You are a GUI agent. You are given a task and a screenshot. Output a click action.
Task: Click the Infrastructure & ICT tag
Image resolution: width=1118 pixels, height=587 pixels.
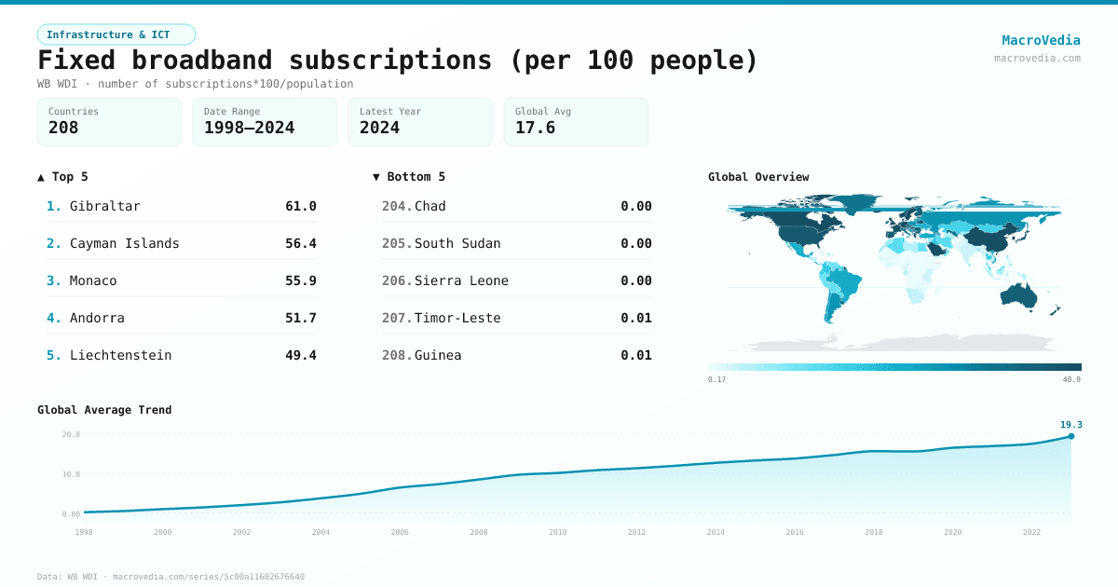tap(116, 34)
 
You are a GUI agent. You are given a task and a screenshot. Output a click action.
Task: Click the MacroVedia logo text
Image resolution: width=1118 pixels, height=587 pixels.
tap(1041, 40)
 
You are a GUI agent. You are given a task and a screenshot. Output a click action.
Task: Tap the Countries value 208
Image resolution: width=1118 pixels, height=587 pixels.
tap(63, 128)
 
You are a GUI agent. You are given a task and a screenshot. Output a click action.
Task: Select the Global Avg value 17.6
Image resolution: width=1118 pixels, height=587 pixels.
tap(535, 128)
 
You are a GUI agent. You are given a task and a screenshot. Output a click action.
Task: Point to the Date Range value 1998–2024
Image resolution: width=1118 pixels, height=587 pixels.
tap(249, 128)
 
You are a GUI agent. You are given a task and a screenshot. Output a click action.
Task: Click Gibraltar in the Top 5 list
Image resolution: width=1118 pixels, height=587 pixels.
tap(104, 206)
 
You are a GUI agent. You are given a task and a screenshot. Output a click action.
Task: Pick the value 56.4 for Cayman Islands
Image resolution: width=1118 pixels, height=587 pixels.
tap(300, 243)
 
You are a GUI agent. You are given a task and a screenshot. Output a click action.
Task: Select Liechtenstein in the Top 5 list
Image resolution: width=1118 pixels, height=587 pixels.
tap(120, 355)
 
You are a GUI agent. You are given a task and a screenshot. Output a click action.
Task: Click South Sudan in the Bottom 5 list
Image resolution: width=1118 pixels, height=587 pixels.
tap(457, 243)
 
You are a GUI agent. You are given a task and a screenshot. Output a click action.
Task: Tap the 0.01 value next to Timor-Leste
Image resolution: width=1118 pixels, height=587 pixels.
tap(635, 318)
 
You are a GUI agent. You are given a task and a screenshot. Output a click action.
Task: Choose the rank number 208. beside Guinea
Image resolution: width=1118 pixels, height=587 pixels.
tap(396, 355)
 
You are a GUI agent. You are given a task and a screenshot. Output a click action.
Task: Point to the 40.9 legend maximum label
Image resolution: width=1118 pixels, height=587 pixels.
tap(1071, 380)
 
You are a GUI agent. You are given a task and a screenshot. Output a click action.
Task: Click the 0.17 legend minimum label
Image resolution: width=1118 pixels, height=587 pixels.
tap(716, 380)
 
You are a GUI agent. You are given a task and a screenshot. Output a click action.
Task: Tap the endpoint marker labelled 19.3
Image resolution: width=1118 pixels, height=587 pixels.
tap(1070, 436)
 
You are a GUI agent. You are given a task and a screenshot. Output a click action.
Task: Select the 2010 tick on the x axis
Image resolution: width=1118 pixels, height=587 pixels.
tap(557, 532)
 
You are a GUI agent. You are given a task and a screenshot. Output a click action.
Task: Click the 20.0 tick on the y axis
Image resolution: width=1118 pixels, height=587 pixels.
tap(71, 434)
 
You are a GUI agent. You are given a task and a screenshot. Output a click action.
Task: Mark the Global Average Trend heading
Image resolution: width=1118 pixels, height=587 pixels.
tap(104, 410)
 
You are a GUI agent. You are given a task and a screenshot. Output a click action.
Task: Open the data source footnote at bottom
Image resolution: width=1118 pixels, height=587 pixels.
tap(170, 577)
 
